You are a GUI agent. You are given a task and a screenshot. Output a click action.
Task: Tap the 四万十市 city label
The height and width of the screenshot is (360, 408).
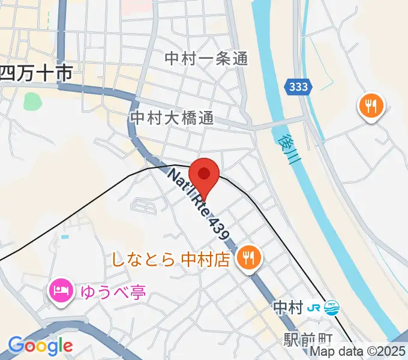(x=36, y=74)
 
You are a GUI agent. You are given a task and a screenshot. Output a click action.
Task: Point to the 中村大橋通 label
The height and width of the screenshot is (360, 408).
(x=172, y=117)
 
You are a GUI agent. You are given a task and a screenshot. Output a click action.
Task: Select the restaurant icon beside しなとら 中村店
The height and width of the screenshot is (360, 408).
(x=247, y=259)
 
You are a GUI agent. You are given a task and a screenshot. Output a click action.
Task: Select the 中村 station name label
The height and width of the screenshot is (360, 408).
(x=287, y=308)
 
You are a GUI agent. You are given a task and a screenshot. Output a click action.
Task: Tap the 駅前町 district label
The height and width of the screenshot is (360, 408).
(x=304, y=340)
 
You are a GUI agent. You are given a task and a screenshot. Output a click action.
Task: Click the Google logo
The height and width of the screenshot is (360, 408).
(x=40, y=346)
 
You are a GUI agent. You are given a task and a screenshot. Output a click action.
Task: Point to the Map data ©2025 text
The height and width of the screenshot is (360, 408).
(x=358, y=352)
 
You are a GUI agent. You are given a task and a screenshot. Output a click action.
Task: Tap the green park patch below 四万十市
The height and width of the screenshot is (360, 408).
(x=32, y=101)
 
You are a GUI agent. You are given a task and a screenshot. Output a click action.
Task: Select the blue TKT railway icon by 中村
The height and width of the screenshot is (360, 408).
(x=331, y=308)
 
